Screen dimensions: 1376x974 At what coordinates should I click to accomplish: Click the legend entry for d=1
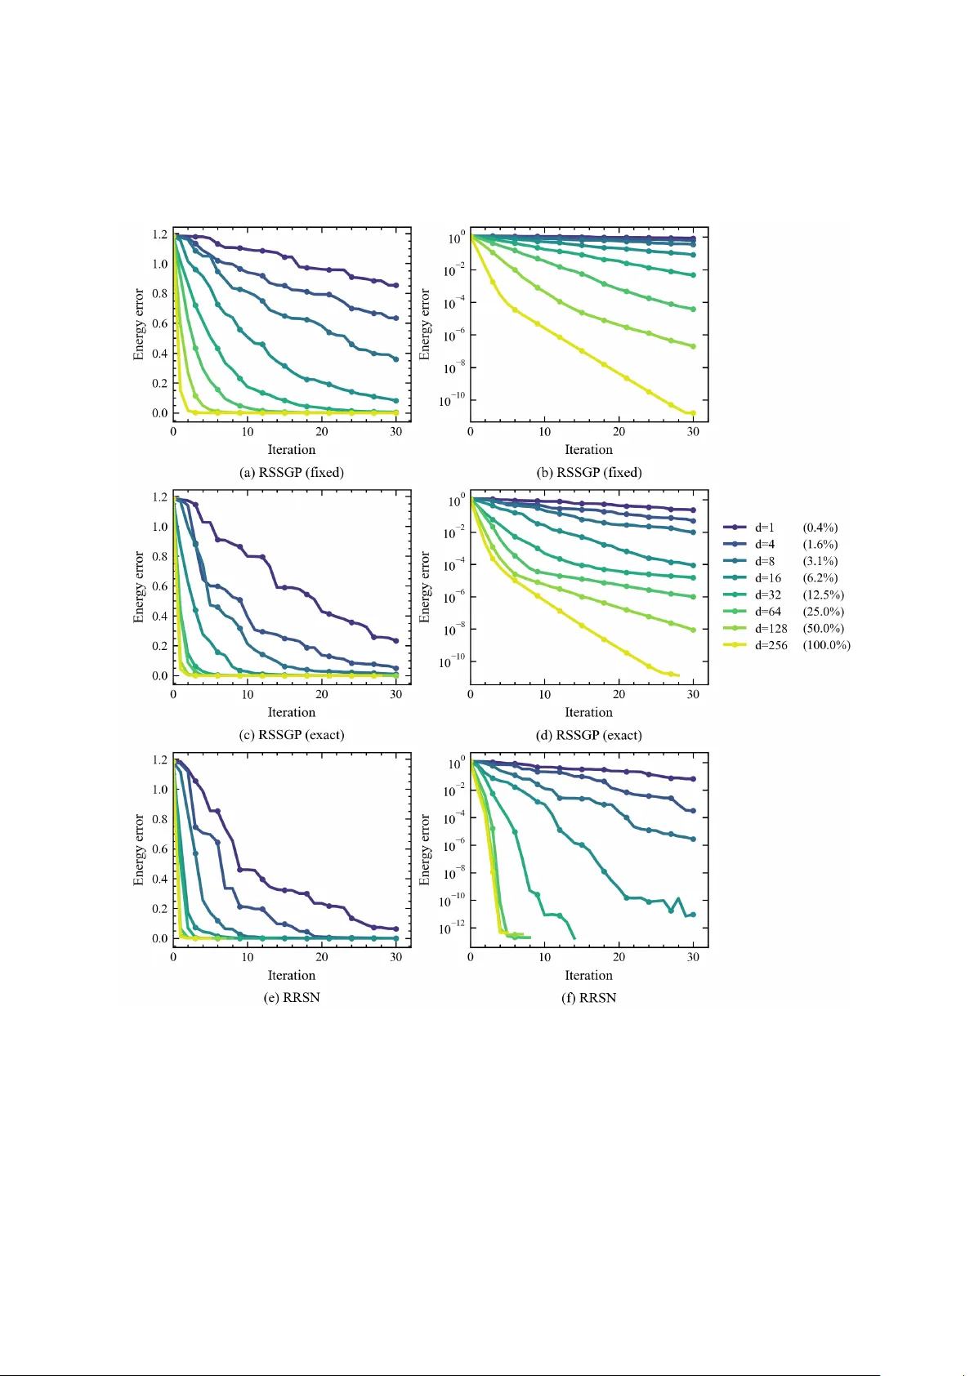point(764,528)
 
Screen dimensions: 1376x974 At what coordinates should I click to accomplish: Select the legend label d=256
point(771,645)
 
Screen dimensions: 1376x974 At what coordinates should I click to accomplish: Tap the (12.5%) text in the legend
point(823,594)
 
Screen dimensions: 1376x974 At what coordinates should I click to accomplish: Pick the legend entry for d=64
point(767,612)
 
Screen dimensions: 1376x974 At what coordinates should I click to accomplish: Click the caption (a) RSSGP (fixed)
point(292,472)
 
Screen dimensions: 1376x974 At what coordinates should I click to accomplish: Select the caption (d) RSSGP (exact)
point(588,735)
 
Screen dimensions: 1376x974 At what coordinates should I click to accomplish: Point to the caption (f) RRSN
point(588,998)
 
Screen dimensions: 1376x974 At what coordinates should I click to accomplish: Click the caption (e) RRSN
point(292,998)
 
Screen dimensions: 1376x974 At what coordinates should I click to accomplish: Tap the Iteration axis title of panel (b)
point(588,450)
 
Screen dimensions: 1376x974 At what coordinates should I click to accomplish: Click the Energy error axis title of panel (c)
point(139,587)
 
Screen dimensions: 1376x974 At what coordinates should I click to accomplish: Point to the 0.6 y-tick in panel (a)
point(159,323)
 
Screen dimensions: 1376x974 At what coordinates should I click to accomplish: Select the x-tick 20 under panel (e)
point(322,957)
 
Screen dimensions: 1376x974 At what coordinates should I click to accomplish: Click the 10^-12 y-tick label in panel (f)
point(452,928)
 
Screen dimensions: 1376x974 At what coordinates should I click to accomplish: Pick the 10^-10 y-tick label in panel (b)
point(452,401)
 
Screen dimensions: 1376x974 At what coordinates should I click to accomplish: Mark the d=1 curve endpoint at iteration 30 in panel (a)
point(396,286)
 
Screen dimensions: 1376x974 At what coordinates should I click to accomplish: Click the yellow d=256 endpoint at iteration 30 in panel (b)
point(693,413)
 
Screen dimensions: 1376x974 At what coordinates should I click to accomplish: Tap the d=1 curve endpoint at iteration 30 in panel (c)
point(396,641)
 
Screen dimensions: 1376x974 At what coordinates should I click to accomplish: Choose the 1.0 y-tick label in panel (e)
point(159,790)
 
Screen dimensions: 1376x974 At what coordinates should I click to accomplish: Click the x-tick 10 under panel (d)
point(544,694)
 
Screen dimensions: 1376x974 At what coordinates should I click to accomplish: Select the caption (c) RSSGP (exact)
point(292,735)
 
